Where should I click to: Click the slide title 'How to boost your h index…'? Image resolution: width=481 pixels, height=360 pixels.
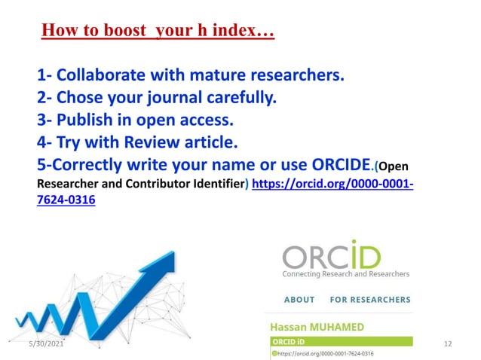[158, 32]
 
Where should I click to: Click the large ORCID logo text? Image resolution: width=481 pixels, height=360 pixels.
[332, 255]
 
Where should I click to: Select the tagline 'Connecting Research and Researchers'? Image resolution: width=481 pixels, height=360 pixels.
[345, 273]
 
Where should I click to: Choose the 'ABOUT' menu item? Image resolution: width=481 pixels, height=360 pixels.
[299, 299]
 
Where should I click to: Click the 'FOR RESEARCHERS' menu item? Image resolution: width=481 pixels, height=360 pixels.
[370, 299]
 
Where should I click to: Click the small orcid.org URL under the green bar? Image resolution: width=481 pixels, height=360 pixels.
[324, 353]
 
